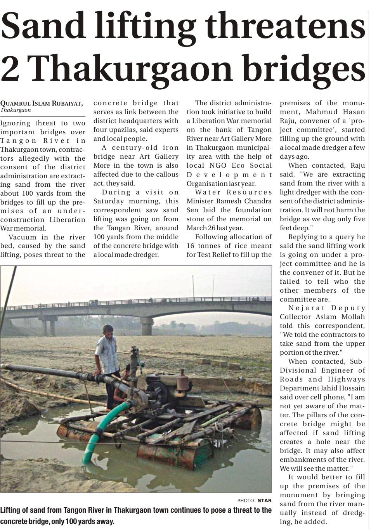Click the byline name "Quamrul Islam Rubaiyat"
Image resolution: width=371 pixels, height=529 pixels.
tap(41, 104)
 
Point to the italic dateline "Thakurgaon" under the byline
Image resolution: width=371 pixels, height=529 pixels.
tap(16, 110)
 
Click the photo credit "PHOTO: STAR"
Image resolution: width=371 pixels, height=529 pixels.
tap(254, 500)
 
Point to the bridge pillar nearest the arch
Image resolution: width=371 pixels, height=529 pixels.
tap(147, 326)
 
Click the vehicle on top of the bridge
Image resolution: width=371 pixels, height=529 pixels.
tap(94, 302)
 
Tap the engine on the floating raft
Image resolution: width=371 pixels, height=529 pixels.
tap(167, 384)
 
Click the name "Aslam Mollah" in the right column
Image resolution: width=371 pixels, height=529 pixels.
tap(345, 317)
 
